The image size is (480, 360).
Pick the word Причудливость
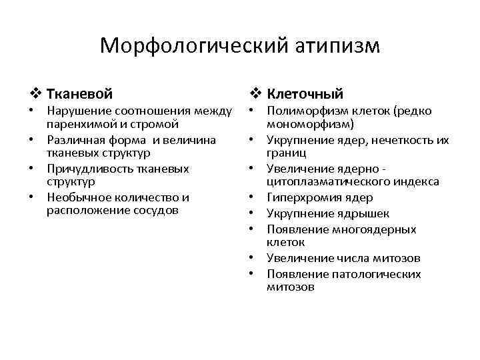[85, 169]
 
